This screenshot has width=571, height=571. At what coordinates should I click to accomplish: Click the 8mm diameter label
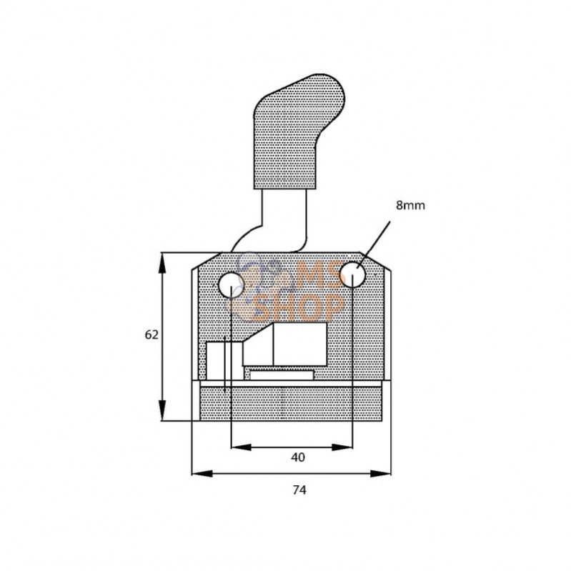pos(410,205)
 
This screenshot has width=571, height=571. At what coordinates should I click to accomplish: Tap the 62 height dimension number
pos(152,334)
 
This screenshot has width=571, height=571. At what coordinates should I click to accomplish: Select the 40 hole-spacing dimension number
pos(298,457)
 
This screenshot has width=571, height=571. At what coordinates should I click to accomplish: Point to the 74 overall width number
pos(299,490)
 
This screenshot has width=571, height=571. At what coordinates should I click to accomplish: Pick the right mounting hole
pos(352,275)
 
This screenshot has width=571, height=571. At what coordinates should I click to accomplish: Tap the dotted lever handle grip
pos(299,131)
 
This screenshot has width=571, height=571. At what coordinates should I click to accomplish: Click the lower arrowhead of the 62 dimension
pos(162,410)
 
